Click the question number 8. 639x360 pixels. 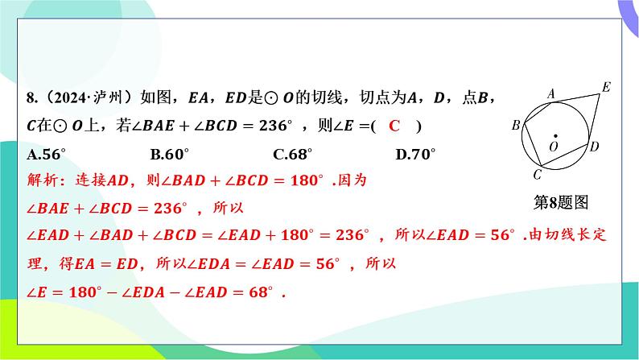31,97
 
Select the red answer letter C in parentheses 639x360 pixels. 394,126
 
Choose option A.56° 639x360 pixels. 46,154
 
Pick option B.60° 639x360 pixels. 170,154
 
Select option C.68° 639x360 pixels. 293,154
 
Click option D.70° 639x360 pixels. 415,154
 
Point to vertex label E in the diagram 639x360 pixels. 606,87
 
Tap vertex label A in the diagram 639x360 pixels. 551,94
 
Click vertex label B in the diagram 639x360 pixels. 516,125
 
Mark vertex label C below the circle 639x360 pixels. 537,175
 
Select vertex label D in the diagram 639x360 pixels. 594,146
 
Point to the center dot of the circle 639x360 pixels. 555,136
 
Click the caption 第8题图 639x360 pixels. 561,202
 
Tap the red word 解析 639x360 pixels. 43,180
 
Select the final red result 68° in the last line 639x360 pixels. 261,292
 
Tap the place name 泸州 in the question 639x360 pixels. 108,97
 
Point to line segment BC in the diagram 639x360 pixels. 533,144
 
